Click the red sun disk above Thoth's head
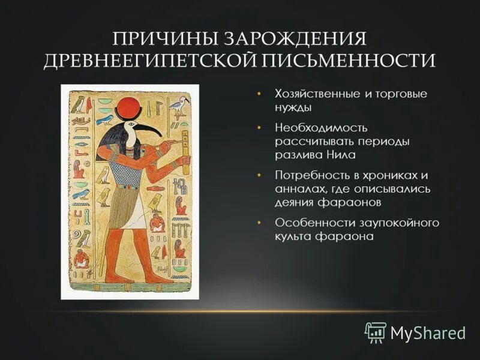(x=130, y=110)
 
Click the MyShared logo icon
(x=376, y=332)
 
